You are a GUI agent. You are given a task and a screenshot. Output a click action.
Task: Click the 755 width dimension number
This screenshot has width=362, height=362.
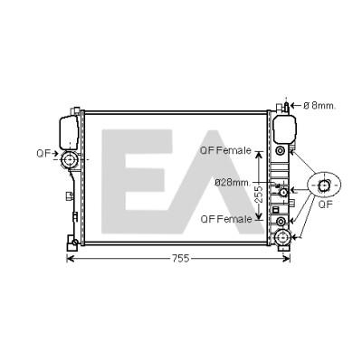point(180,258)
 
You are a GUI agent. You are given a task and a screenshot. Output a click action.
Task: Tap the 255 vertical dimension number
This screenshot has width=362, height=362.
point(260,194)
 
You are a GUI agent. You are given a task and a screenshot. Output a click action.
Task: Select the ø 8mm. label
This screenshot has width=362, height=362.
point(319,106)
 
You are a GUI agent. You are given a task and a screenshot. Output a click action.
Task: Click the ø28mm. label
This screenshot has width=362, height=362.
point(233,182)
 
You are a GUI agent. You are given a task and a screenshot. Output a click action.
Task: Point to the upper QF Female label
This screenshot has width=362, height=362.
point(226,150)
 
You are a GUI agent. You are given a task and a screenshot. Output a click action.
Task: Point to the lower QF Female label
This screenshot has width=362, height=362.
point(226,219)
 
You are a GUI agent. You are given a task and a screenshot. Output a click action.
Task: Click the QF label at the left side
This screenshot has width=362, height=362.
point(43,153)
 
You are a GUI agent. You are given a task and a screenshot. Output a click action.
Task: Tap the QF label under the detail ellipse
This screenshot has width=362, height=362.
point(326,205)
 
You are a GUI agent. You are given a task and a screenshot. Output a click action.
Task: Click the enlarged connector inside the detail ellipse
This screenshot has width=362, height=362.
point(324,186)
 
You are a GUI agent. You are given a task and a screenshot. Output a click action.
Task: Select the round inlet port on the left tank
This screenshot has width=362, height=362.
point(70,159)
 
